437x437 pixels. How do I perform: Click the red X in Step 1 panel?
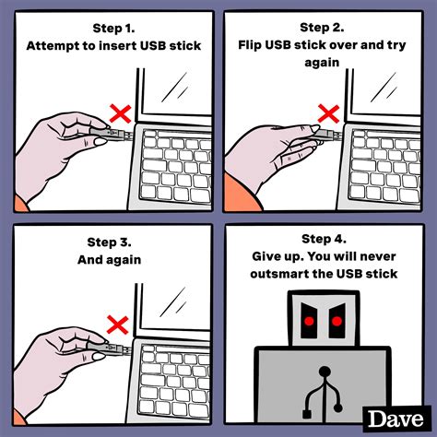[118, 114]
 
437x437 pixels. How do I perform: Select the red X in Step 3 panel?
[118, 322]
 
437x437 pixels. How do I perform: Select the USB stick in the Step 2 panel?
[325, 138]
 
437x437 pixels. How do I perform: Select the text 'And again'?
[109, 260]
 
